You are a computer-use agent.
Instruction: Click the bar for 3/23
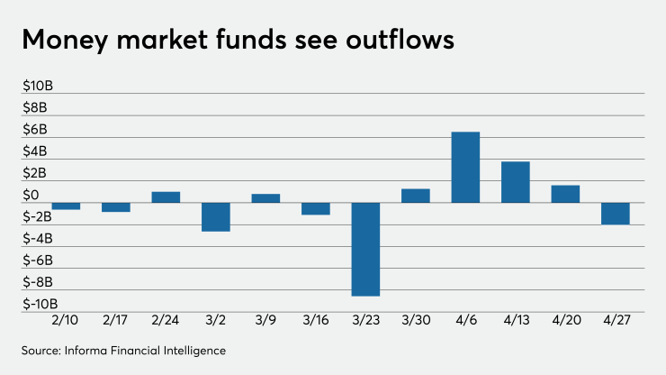coord(365,249)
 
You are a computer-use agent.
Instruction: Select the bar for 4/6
coord(465,168)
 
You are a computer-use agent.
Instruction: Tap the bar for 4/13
coord(516,182)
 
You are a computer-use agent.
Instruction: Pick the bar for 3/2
coord(215,217)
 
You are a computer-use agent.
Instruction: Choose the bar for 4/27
coord(616,214)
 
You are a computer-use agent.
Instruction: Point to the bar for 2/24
coord(166,197)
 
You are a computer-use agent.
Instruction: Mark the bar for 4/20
coord(565,194)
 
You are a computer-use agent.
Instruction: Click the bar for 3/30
coord(415,196)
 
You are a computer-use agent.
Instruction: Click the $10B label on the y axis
coord(38,87)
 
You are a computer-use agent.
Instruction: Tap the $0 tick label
coord(31,196)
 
